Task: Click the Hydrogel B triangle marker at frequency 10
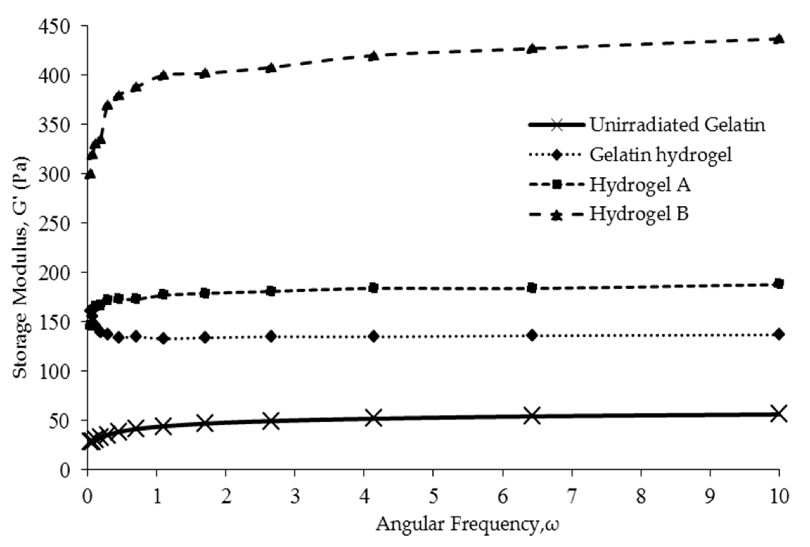coord(779,39)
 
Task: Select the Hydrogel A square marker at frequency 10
coord(779,283)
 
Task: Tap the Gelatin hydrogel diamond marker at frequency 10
coord(779,334)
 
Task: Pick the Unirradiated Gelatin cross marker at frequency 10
coord(779,413)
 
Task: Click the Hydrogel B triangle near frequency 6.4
coord(532,48)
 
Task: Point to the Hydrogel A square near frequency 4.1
coord(374,288)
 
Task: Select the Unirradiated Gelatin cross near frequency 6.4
coord(532,415)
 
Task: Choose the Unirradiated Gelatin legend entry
coord(677,124)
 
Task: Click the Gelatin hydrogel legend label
coord(660,154)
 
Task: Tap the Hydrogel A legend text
coord(640,184)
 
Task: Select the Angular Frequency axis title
coord(467,524)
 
